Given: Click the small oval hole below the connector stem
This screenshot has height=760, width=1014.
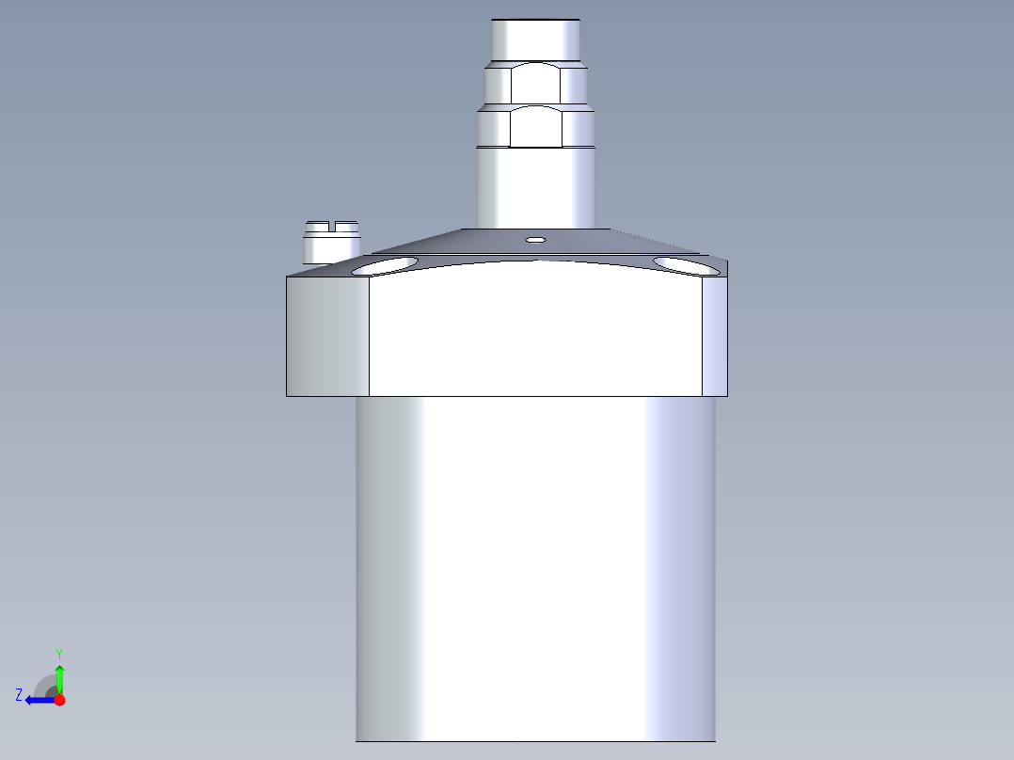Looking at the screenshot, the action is pyautogui.click(x=535, y=240).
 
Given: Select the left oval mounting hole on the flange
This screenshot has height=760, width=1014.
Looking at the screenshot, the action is pyautogui.click(x=385, y=266).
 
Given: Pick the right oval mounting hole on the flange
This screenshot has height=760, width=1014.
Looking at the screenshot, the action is pyautogui.click(x=687, y=266).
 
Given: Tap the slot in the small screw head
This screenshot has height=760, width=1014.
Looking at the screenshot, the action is pyautogui.click(x=332, y=226).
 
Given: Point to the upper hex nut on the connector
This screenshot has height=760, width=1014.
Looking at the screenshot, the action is pyautogui.click(x=535, y=83).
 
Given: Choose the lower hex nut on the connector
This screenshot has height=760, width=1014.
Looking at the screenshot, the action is pyautogui.click(x=535, y=127).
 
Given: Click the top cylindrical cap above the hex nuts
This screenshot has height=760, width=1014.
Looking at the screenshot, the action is pyautogui.click(x=535, y=40).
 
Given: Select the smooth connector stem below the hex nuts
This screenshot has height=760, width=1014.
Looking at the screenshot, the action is pyautogui.click(x=535, y=188).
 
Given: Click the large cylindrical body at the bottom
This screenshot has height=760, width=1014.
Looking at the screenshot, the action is pyautogui.click(x=535, y=569).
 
